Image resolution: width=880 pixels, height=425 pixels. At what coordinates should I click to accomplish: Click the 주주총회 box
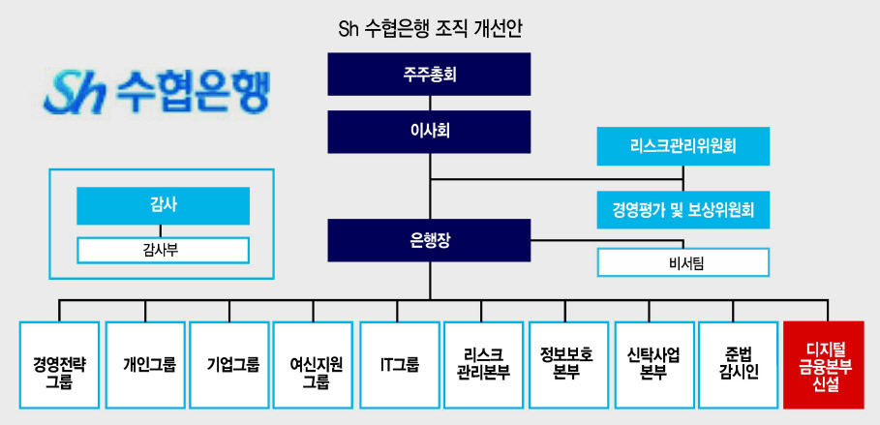pos(429,75)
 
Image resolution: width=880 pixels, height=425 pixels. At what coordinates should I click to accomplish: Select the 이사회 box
pos(429,132)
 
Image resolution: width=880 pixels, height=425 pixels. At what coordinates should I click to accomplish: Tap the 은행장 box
pos(429,240)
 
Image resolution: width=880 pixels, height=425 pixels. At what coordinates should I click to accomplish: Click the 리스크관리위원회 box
pos(683,146)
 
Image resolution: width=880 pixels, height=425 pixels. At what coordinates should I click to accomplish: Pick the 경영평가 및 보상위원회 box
pos(683,210)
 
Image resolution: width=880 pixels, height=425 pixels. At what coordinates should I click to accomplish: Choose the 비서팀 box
pos(683,262)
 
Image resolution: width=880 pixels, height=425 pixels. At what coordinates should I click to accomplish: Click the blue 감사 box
pos(164,206)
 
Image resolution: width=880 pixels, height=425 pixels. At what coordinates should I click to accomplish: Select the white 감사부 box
pos(164,251)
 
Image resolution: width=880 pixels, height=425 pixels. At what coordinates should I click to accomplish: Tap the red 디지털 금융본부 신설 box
pos(824,365)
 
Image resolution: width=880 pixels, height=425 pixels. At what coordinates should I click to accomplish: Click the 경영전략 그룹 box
pos(59,365)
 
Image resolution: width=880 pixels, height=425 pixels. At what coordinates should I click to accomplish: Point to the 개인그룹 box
pos(145,365)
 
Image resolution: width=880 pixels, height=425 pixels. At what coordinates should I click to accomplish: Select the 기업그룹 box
pos(229,365)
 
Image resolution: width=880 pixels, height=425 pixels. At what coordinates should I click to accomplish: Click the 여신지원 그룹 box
pos(313,365)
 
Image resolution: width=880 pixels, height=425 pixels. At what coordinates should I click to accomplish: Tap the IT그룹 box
pos(400,365)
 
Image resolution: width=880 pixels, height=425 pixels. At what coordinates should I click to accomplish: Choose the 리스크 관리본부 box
pos(484,365)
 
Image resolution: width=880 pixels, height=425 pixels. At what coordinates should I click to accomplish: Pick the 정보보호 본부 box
pos(568,365)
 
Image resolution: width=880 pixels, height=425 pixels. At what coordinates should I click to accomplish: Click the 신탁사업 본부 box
pos(654,365)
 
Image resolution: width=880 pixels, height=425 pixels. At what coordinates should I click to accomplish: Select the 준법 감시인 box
pos(739,365)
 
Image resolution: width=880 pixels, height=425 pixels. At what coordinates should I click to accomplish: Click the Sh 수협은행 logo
pos(157,92)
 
